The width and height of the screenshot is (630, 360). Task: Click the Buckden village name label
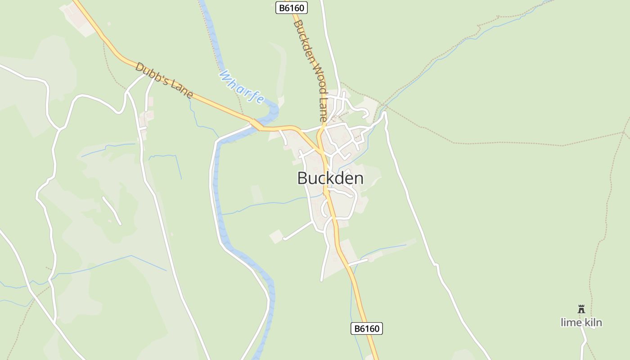pyautogui.click(x=330, y=178)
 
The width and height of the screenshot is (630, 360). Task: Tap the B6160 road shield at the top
pyautogui.click(x=291, y=8)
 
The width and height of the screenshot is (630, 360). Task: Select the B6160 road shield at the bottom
pyautogui.click(x=366, y=328)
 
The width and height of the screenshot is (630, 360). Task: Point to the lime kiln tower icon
pyautogui.click(x=581, y=309)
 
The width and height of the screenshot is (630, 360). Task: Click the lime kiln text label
pyautogui.click(x=581, y=322)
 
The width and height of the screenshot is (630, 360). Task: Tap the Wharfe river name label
pyautogui.click(x=241, y=87)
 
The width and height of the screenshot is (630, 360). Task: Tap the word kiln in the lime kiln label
pyautogui.click(x=591, y=322)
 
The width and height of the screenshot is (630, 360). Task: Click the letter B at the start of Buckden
pyautogui.click(x=302, y=178)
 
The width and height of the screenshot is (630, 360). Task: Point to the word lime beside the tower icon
pyautogui.click(x=570, y=322)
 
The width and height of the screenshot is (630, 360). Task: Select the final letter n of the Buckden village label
pyautogui.click(x=359, y=179)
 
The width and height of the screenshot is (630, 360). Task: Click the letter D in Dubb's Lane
pyautogui.click(x=140, y=68)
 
